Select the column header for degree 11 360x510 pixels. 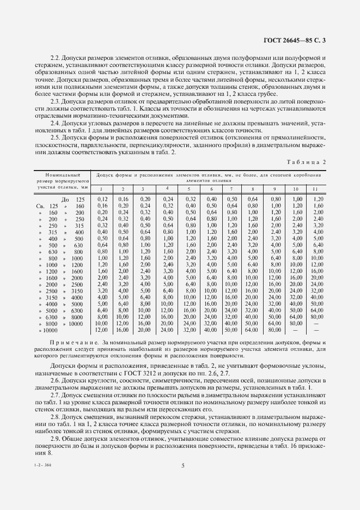[316, 189]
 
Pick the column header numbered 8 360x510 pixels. [252, 189]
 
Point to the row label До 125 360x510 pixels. [73, 199]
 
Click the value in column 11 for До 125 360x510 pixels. [316, 199]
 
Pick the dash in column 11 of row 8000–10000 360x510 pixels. [316, 324]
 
